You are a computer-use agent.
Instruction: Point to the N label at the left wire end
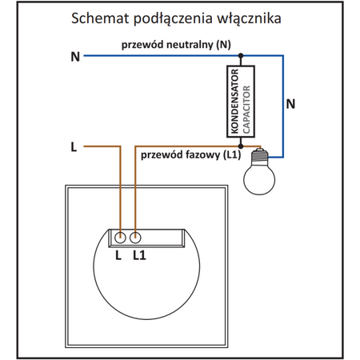click(x=75, y=57)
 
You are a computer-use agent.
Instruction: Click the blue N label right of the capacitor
click(x=290, y=103)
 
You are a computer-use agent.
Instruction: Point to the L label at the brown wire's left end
click(x=74, y=147)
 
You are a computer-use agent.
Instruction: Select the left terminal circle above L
click(x=120, y=238)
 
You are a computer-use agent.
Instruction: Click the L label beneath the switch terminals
click(x=118, y=254)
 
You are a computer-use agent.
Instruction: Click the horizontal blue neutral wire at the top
click(x=160, y=56)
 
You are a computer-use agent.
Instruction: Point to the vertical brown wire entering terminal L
click(x=120, y=192)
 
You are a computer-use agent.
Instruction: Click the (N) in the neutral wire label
click(x=223, y=45)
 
